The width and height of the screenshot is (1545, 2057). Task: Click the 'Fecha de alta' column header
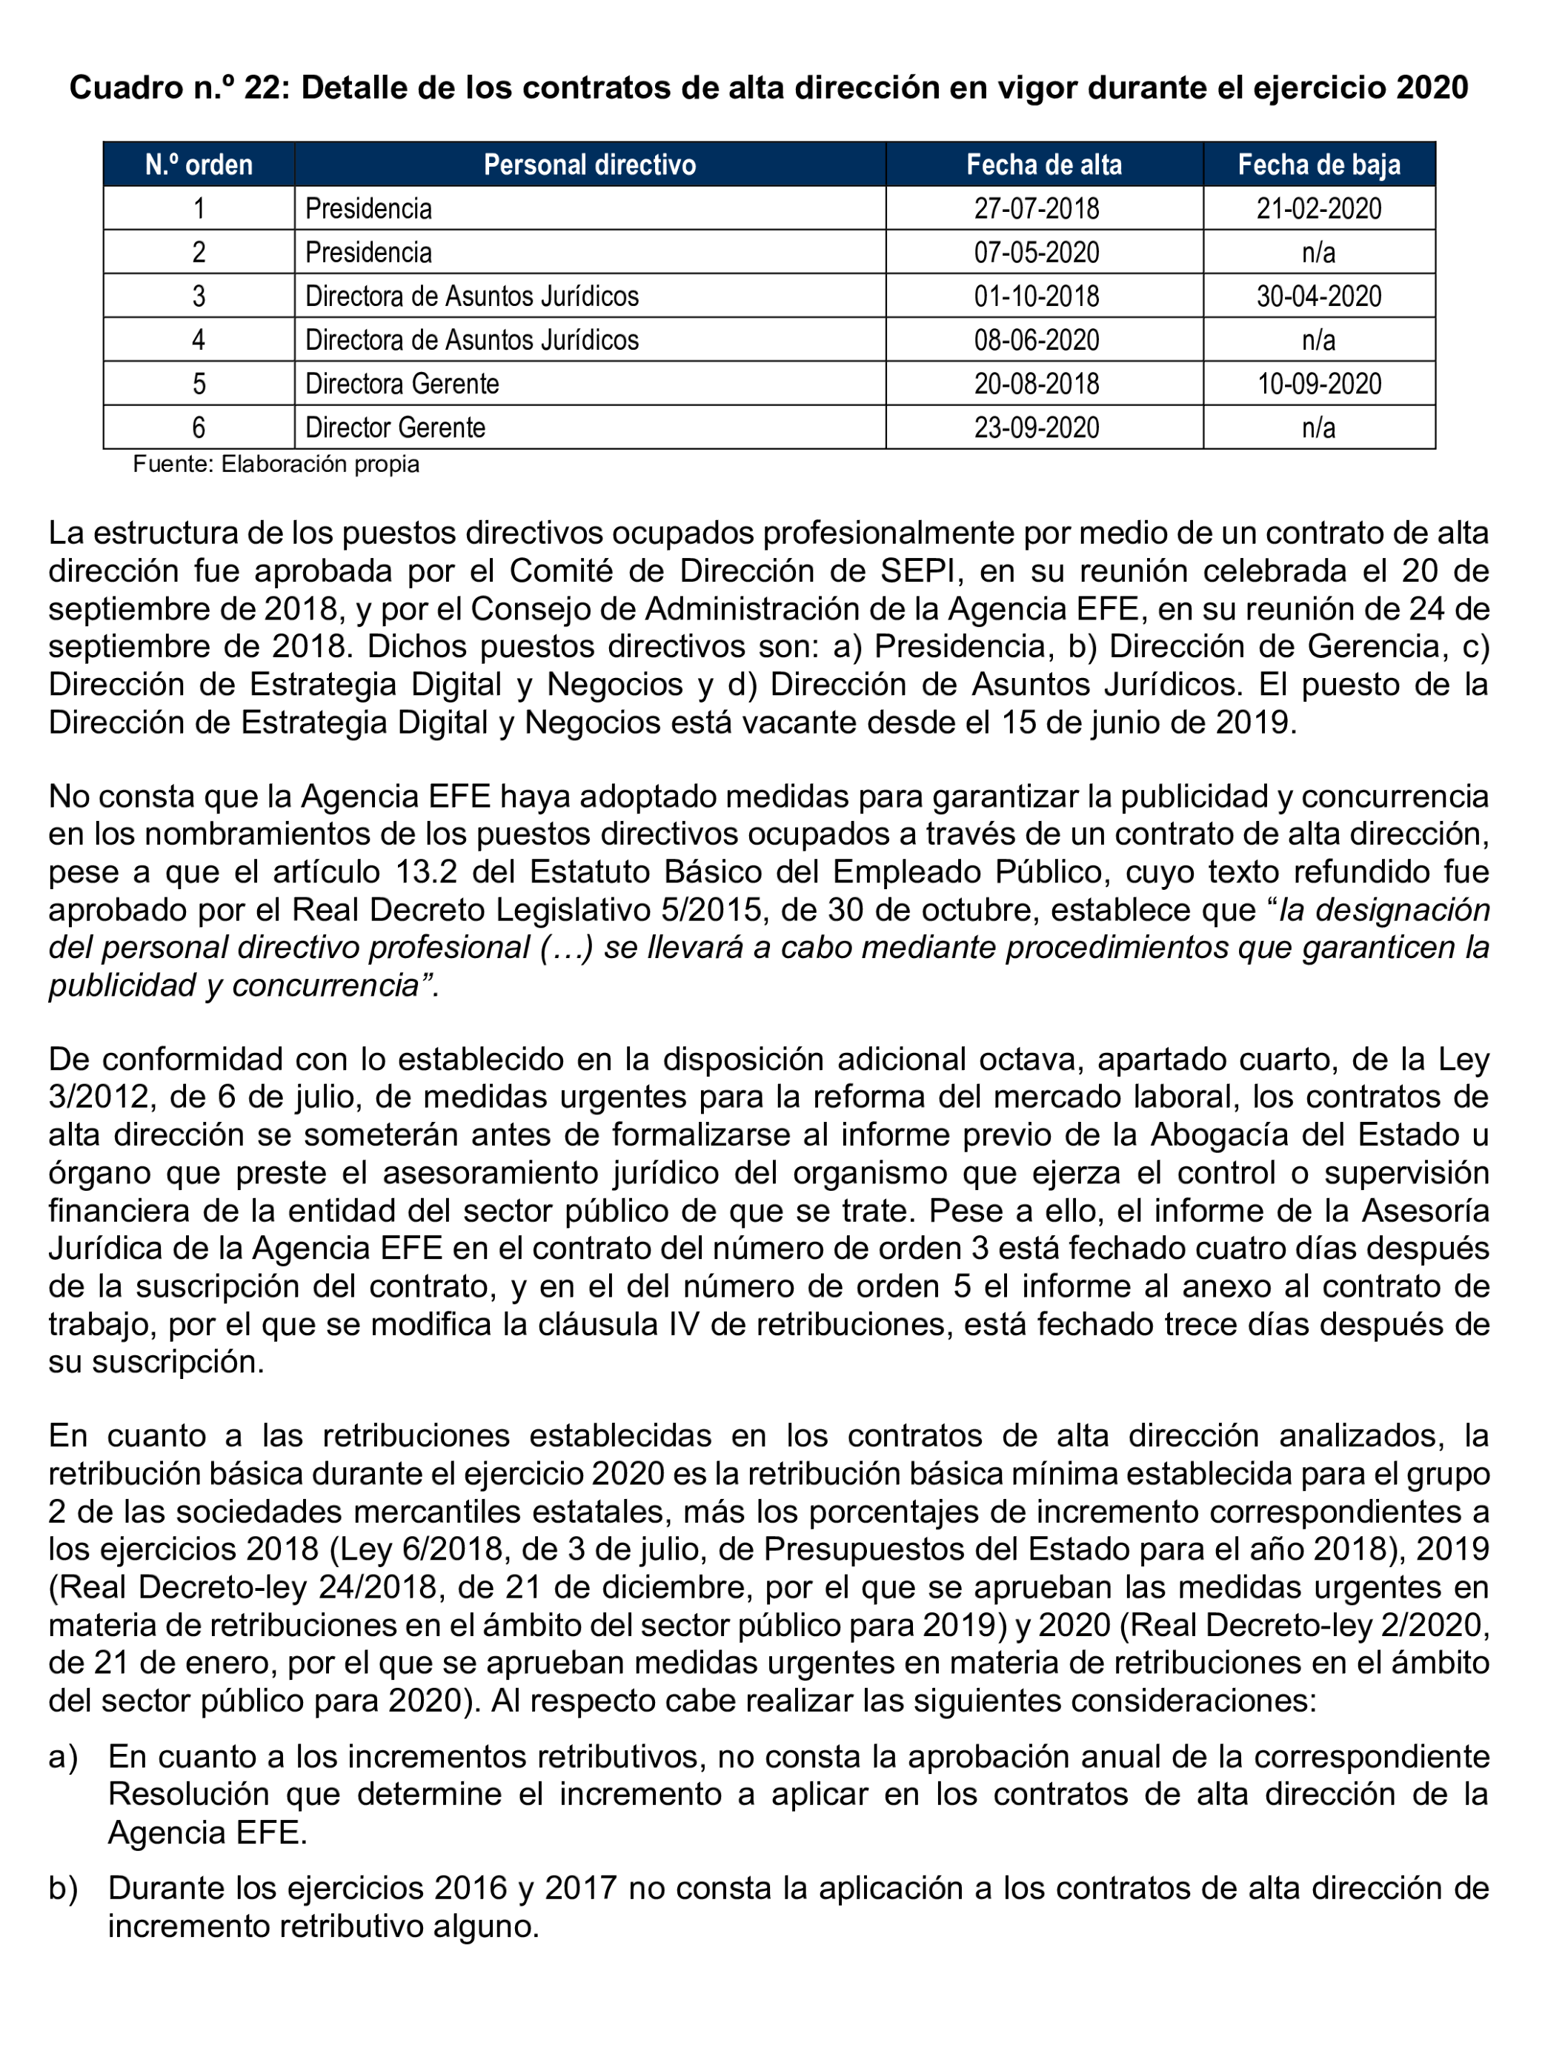click(1043, 165)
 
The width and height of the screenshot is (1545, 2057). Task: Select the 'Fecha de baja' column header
click(1318, 165)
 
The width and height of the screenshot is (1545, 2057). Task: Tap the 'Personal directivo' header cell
click(589, 165)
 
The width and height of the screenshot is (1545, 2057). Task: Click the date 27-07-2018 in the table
click(1036, 208)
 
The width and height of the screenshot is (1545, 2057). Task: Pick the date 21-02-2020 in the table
click(1318, 208)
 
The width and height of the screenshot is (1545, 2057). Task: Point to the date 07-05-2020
click(1036, 252)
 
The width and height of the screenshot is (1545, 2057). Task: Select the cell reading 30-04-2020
click(1318, 296)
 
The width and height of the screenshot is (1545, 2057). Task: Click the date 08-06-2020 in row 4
click(1036, 339)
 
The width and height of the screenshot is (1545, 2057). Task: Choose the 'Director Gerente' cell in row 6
click(395, 427)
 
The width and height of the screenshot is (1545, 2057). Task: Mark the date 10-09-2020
click(1318, 383)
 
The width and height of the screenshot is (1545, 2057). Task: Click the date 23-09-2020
click(1036, 427)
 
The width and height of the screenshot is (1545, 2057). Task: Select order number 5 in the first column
click(198, 383)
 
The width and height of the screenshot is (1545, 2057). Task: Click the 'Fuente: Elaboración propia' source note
click(276, 464)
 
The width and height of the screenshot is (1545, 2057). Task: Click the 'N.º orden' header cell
click(198, 165)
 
